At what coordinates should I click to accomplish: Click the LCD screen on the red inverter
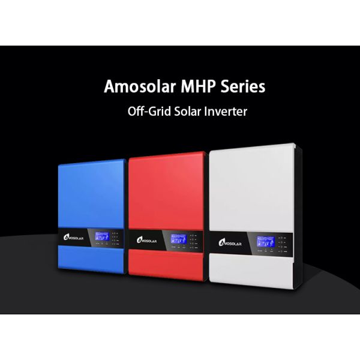pyautogui.click(x=177, y=239)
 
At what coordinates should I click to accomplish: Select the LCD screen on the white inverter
pyautogui.click(x=265, y=242)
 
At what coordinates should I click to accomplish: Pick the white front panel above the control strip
pyautogui.click(x=252, y=192)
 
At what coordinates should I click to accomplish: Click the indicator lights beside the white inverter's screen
pyautogui.click(x=282, y=242)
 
